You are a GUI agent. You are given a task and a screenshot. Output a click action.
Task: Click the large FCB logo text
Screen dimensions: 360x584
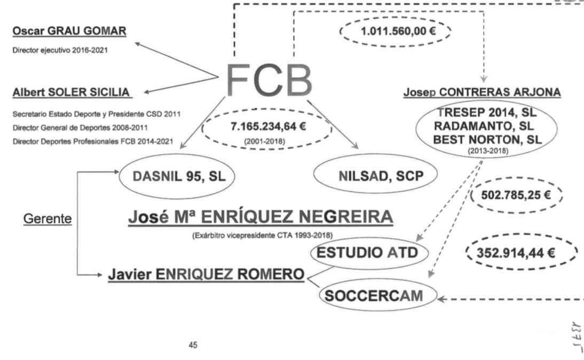point(270,80)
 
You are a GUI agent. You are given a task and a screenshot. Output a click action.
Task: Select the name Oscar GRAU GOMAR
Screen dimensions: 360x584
point(69,32)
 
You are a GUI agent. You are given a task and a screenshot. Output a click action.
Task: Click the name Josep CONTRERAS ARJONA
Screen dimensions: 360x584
point(482,93)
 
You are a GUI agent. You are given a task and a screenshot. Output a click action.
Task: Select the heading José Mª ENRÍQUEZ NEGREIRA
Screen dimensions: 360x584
point(261,218)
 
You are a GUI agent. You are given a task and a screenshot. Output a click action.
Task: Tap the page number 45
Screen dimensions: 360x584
point(194,345)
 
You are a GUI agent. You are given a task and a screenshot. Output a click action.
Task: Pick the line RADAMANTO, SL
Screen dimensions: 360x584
point(488,127)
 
